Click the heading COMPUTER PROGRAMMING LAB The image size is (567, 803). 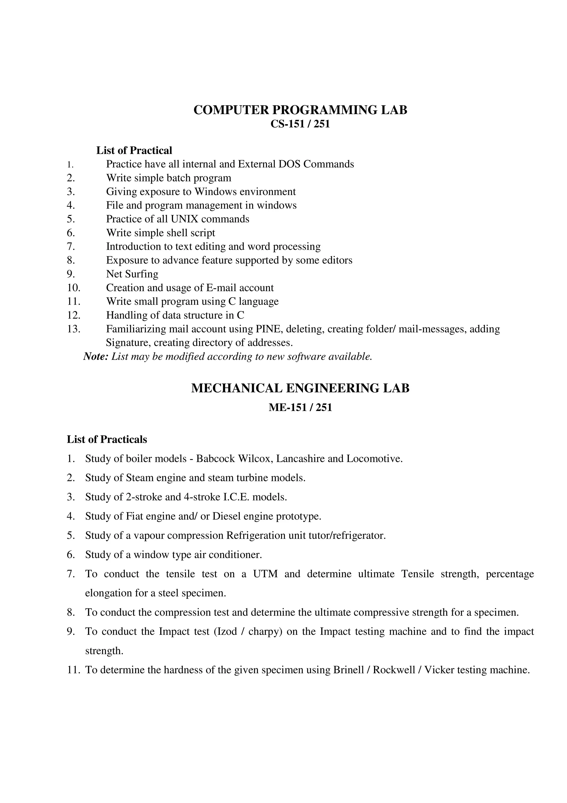(300, 110)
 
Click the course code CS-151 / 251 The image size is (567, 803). (300, 124)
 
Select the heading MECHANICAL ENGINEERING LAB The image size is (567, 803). (300, 388)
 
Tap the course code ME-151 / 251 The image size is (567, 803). (300, 407)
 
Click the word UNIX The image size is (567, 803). (184, 219)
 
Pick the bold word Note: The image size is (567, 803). (96, 357)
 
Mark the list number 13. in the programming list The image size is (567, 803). (74, 329)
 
